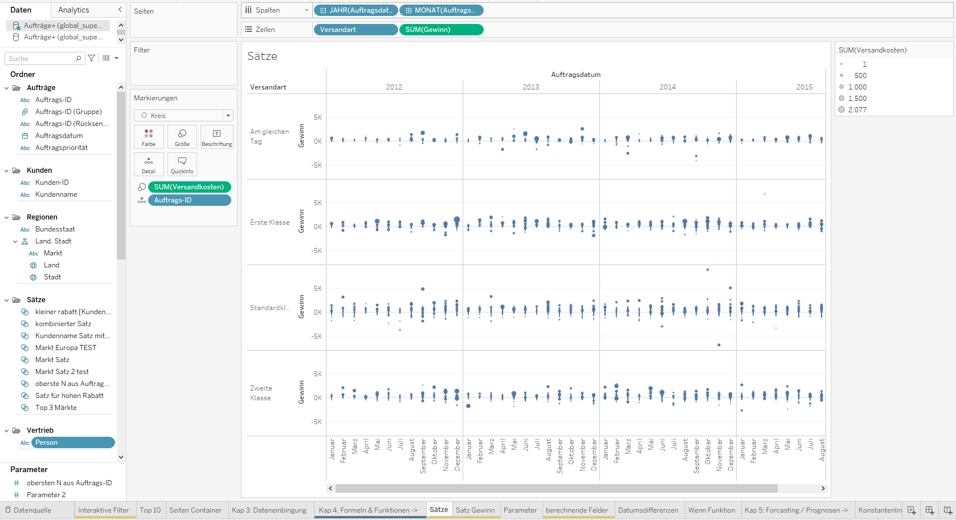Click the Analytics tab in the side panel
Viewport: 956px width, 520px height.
click(73, 10)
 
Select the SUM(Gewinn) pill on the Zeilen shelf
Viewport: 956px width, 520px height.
click(441, 30)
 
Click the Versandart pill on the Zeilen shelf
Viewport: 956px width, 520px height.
click(355, 30)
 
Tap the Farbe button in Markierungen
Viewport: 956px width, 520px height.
click(149, 137)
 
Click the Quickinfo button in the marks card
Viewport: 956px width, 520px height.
click(182, 164)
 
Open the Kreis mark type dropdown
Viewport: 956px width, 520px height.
click(183, 116)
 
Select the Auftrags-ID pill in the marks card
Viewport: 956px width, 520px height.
click(189, 200)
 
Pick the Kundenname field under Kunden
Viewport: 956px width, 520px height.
click(56, 194)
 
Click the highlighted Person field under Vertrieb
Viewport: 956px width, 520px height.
click(72, 442)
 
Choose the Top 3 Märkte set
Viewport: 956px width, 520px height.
click(56, 408)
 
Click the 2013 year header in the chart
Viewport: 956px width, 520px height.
click(531, 87)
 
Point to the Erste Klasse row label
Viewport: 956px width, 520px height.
click(269, 222)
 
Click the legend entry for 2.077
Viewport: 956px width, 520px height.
click(857, 110)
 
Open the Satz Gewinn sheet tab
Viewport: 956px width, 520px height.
click(475, 510)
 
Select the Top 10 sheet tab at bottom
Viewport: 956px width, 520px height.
click(150, 510)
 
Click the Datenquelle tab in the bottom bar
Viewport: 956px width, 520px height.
click(32, 510)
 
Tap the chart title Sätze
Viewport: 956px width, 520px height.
click(262, 56)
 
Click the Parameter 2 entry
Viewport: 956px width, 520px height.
click(46, 495)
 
